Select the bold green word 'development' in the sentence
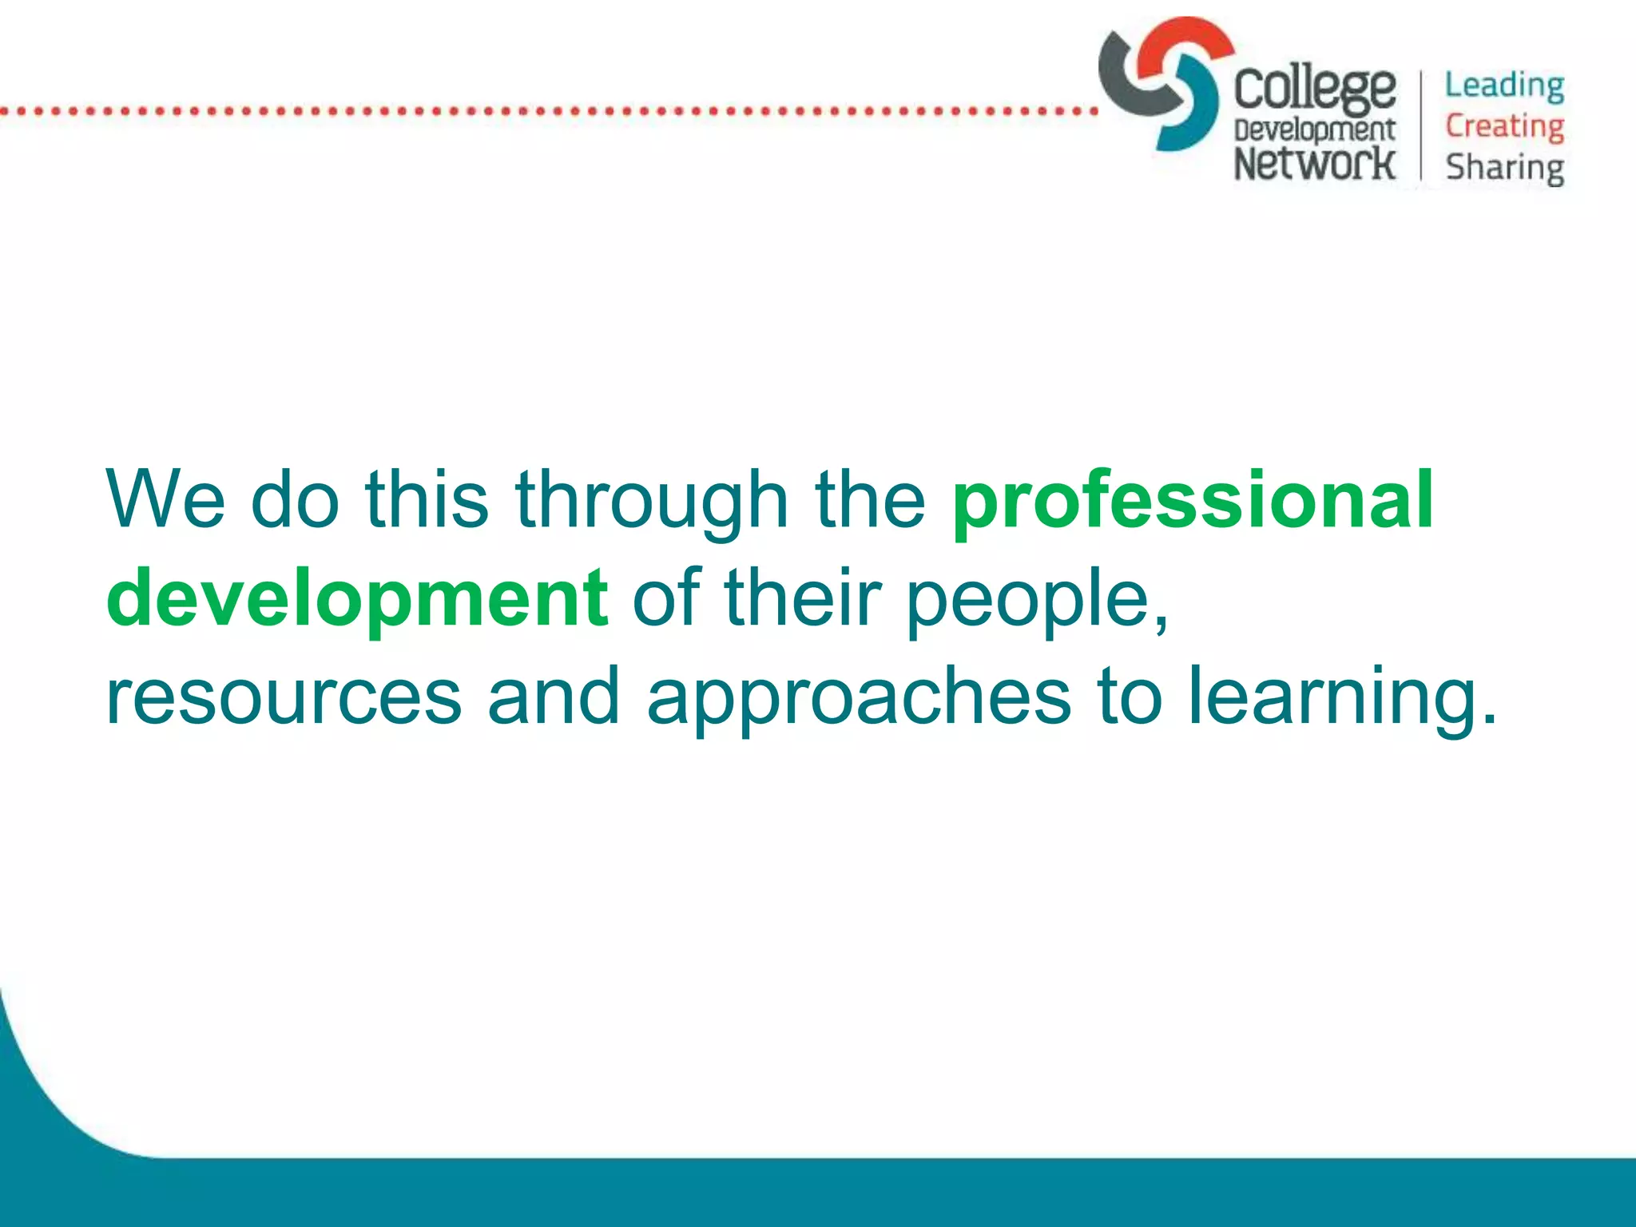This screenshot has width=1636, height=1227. tap(357, 599)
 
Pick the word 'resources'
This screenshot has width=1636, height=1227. tap(284, 697)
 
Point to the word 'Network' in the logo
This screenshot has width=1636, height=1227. tap(1314, 163)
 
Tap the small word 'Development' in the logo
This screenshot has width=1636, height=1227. tap(1314, 130)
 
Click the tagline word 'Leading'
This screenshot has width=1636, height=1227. tap(1504, 86)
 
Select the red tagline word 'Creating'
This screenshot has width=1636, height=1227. tap(1504, 127)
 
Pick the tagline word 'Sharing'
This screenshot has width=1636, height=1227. tap(1504, 169)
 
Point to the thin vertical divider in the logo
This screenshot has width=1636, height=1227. tap(1421, 125)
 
